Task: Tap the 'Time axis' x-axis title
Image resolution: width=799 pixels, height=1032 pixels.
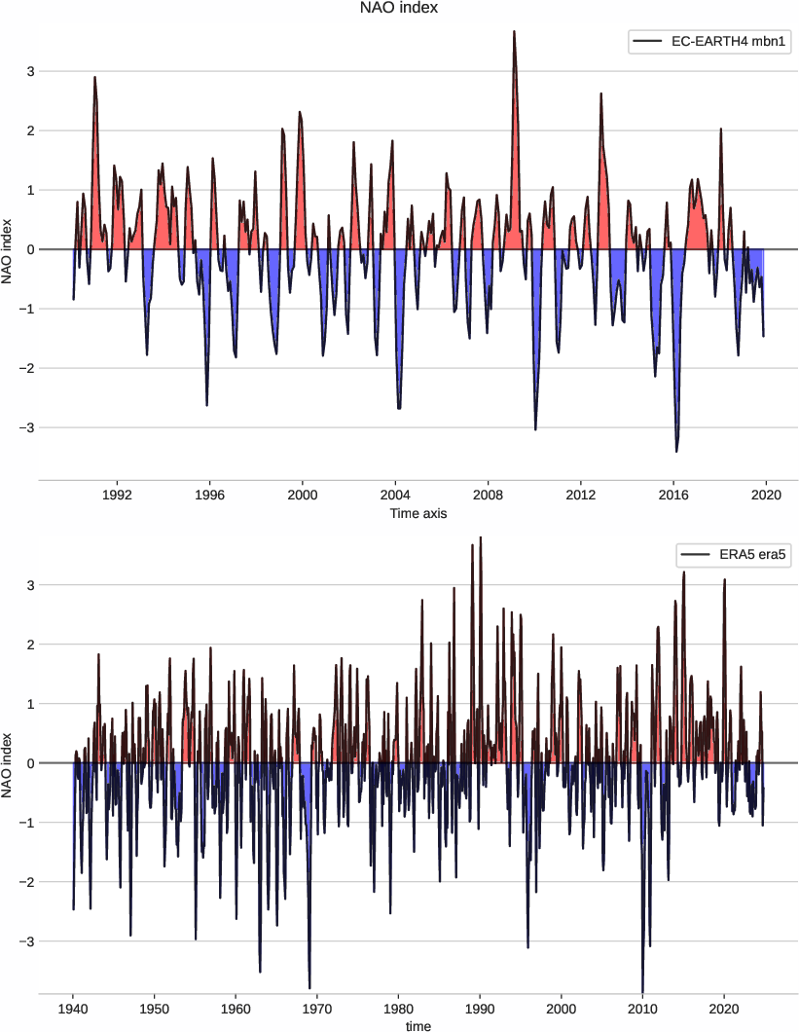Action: coord(418,513)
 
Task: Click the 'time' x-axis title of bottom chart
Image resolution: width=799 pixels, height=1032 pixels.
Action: coord(418,1025)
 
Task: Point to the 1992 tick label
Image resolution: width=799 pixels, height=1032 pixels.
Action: coord(117,494)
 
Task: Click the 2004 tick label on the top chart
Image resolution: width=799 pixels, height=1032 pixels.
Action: coord(395,494)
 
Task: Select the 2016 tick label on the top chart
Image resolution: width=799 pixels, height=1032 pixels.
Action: coord(673,494)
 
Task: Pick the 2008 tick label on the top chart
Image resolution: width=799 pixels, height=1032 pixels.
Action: coord(488,494)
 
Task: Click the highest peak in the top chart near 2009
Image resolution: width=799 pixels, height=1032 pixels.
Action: coord(514,32)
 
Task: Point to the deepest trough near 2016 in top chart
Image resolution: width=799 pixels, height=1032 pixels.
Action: coord(676,451)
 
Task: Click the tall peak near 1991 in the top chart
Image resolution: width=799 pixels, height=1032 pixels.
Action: coord(94,77)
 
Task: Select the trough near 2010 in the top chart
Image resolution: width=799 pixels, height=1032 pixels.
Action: coord(535,428)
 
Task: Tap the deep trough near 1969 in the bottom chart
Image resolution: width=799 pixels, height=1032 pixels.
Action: coord(309,987)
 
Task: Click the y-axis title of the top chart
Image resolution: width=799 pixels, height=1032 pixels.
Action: coord(9,249)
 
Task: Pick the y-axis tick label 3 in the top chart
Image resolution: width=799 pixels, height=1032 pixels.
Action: coord(29,71)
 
